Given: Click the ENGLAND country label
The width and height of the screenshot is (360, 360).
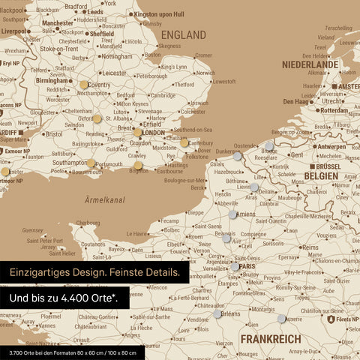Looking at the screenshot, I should click(x=184, y=35).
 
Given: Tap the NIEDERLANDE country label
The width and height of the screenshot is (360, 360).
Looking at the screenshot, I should click(x=310, y=65).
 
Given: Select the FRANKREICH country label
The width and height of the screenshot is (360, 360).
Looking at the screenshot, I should click(x=271, y=339).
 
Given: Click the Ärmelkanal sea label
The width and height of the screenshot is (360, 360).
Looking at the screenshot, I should click(x=104, y=200).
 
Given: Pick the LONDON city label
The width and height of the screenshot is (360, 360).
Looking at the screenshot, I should click(x=153, y=133).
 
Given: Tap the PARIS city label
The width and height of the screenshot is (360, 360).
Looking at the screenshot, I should click(x=248, y=266).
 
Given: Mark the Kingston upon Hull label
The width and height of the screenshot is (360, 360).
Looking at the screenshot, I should click(x=158, y=14).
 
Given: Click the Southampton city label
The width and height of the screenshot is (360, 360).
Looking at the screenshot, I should click(x=70, y=162).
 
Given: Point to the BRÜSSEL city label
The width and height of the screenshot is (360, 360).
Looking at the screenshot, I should click(x=327, y=166).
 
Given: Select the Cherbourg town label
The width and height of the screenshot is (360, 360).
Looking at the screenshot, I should click(x=88, y=223).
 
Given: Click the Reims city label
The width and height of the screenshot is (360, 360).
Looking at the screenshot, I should click(x=309, y=247).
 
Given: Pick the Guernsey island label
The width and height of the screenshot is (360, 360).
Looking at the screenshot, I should click(x=33, y=230).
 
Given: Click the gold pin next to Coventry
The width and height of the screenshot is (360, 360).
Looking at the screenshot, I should click(x=84, y=85).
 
